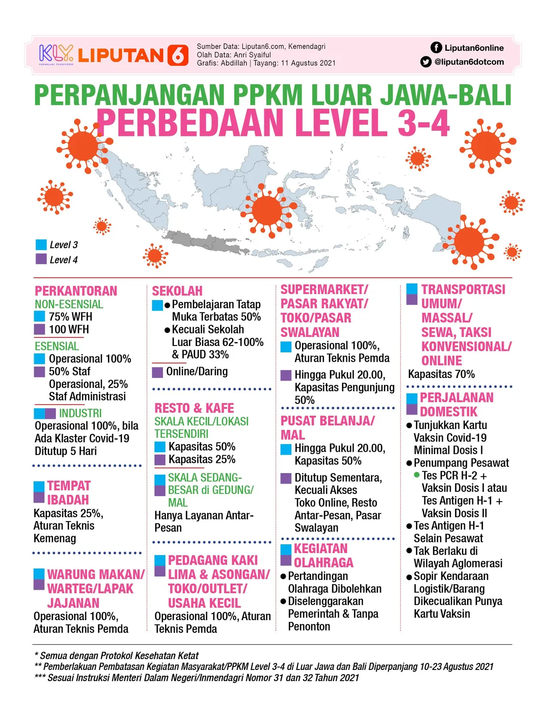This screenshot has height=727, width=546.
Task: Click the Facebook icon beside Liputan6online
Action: pos(436,48)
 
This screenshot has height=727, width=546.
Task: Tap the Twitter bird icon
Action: pos(426,62)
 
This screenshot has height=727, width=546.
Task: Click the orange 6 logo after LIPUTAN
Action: pos(178,55)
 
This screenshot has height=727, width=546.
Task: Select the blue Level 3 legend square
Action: pos(41,245)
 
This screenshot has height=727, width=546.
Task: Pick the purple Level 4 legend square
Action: pos(41,259)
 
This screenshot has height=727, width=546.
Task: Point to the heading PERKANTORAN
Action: pos(76,291)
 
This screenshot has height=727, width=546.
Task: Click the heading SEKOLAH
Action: pos(177,291)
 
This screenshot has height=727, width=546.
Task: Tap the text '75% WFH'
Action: pos(70,317)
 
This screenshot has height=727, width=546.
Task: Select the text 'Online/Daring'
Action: pos(197,372)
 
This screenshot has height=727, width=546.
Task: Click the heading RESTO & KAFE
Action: pos(194,408)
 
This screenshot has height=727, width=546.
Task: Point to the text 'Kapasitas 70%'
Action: pos(441,374)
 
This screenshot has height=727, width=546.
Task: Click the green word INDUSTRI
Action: pos(81,413)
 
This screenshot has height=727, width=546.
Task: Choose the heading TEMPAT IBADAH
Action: pos(69,493)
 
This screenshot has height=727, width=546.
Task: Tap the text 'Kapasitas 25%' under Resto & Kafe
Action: pos(202,459)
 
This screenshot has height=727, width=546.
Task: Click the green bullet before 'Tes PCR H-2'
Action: pos(417,475)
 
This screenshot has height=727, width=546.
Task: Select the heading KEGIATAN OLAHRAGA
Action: pos(323,555)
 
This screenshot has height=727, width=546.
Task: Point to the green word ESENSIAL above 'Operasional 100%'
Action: pos(57,346)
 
